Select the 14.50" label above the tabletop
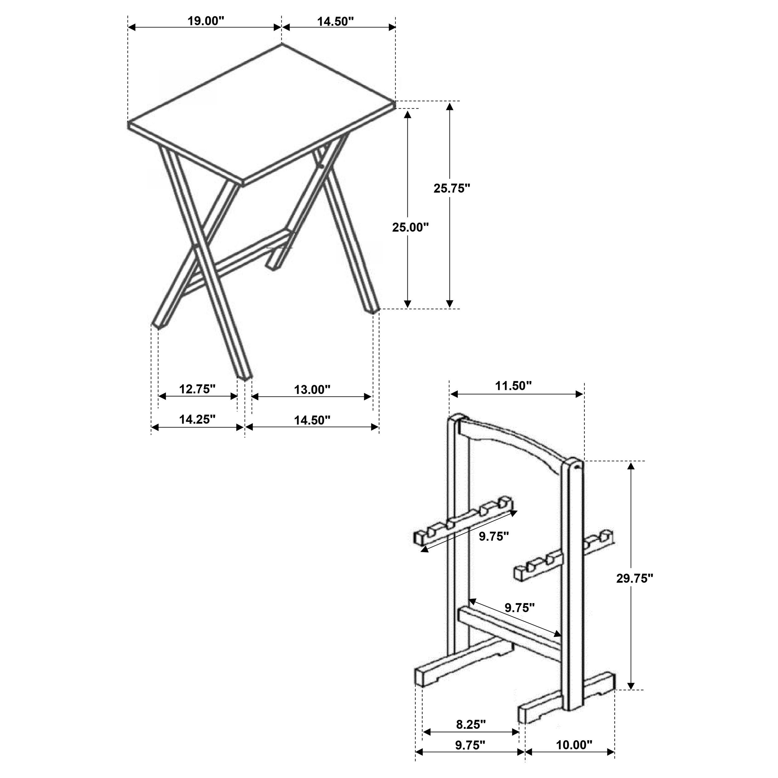(335, 21)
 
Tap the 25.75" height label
(452, 188)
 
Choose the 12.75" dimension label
(197, 389)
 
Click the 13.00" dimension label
(312, 389)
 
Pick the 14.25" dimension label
(197, 419)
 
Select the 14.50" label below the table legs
(312, 420)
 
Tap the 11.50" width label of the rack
(513, 386)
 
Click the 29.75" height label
(634, 578)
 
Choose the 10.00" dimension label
(574, 756)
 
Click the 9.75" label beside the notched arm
(494, 536)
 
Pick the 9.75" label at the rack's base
(470, 756)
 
